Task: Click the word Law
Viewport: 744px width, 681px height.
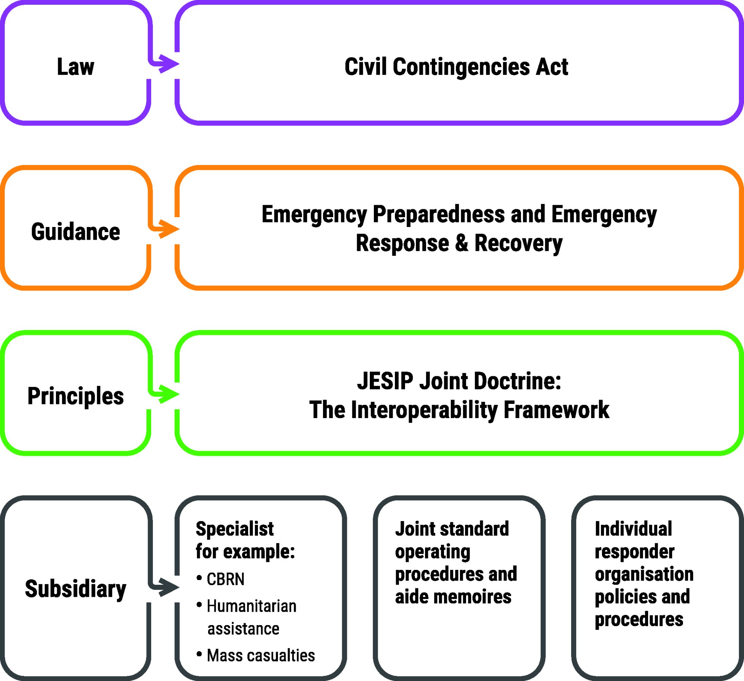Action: click(76, 67)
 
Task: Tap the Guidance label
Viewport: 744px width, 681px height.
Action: click(76, 232)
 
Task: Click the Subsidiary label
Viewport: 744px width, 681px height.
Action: click(76, 588)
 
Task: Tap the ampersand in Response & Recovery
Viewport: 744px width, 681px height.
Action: click(461, 243)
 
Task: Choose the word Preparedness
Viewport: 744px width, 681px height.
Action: click(439, 214)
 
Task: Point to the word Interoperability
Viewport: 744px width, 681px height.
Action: click(424, 410)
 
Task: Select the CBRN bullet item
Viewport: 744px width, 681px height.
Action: click(226, 579)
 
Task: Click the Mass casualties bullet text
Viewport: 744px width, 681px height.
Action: click(261, 656)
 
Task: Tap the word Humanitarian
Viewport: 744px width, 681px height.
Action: click(252, 606)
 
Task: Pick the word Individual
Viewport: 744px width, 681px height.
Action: click(633, 529)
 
